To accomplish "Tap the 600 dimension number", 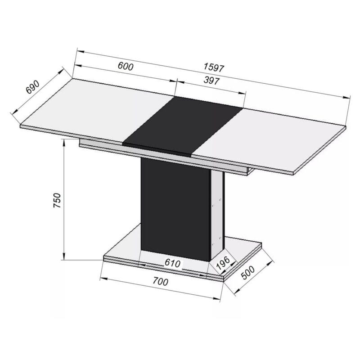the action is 126,66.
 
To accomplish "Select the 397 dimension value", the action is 211,81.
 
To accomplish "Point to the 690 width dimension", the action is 33,87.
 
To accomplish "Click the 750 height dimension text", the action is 57,200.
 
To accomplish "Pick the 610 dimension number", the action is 173,263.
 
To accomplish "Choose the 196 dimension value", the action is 223,263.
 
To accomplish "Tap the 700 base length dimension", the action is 161,282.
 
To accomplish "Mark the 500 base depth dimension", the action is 248,273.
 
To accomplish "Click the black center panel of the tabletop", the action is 183,126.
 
